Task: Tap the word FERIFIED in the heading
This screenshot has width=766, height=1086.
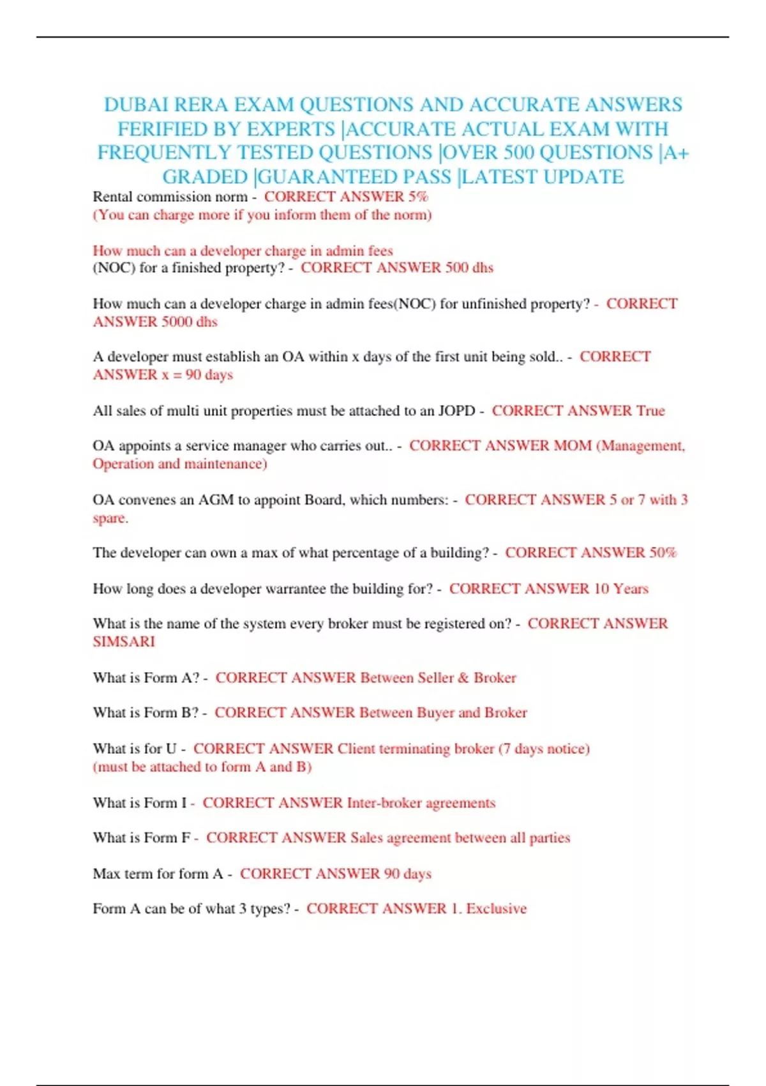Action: point(162,129)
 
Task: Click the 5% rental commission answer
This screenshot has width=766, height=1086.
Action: point(418,197)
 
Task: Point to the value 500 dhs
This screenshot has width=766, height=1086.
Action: point(469,268)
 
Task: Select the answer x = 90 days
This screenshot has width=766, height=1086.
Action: point(197,375)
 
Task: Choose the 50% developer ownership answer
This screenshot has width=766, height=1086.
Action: point(663,553)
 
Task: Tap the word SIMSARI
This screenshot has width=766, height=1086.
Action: point(124,642)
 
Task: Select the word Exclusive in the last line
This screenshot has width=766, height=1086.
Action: point(496,909)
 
